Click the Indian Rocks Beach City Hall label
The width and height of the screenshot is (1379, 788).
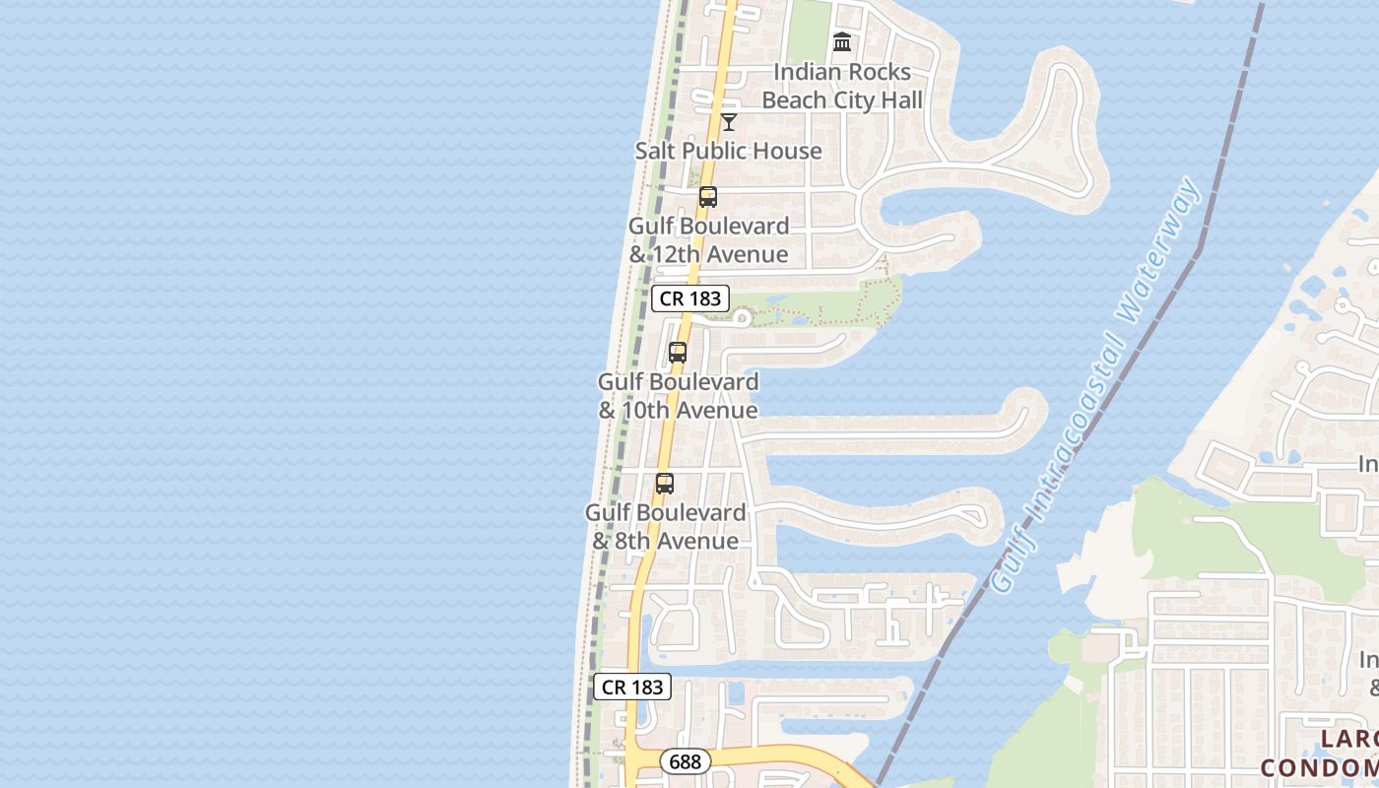click(x=842, y=86)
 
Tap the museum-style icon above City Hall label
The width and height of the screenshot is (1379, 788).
click(x=842, y=41)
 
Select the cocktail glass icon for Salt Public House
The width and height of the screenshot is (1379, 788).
click(x=729, y=122)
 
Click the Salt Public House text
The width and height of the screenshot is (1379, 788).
click(x=728, y=151)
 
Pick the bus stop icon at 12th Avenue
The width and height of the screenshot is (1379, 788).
click(x=708, y=197)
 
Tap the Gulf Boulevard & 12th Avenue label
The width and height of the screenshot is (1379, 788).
click(x=708, y=240)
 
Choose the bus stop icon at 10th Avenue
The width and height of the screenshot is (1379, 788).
click(x=678, y=353)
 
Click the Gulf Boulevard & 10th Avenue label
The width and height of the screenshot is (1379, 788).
click(x=679, y=396)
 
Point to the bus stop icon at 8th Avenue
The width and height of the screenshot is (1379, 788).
click(x=665, y=484)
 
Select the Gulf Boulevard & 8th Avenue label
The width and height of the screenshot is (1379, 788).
click(x=666, y=527)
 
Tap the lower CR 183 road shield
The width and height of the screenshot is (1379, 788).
click(x=632, y=687)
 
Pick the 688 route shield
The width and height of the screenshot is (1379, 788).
click(x=685, y=761)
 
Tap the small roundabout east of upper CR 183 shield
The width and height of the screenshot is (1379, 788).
click(x=741, y=318)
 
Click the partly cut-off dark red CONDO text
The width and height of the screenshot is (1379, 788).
click(x=1320, y=766)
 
